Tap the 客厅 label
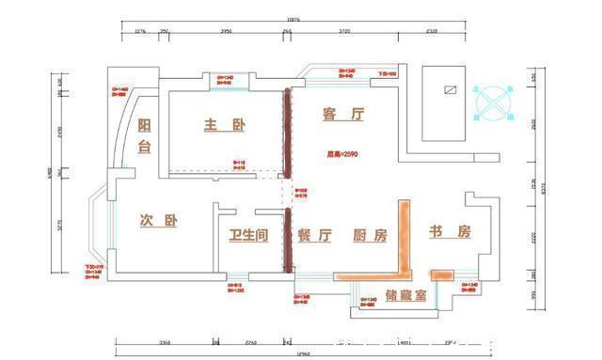(342, 115)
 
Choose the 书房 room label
(450, 232)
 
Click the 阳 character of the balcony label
(144, 126)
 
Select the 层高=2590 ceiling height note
(342, 153)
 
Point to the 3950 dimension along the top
(226, 31)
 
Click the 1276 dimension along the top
(141, 31)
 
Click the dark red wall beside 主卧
(288, 132)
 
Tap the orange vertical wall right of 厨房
(405, 235)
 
